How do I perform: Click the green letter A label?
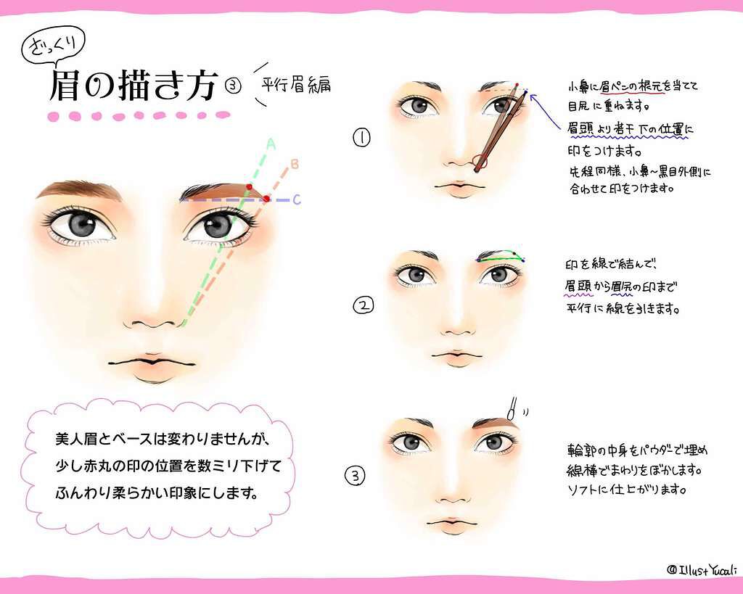(x=271, y=144)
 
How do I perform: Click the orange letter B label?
(x=295, y=165)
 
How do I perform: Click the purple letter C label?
(x=297, y=199)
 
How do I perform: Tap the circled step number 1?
(x=361, y=137)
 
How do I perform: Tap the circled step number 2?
(x=364, y=305)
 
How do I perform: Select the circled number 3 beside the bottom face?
(x=356, y=475)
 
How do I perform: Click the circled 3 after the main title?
(x=233, y=86)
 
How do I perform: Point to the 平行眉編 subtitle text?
(x=296, y=85)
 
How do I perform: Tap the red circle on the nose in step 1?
(x=480, y=162)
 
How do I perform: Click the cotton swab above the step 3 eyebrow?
(x=512, y=409)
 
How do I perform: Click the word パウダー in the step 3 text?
(x=659, y=450)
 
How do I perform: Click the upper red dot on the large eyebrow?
(x=250, y=186)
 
